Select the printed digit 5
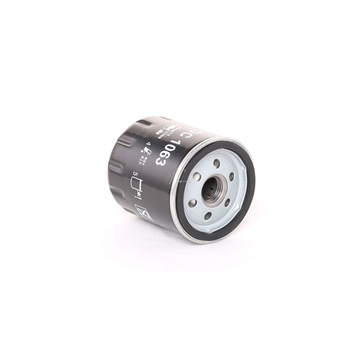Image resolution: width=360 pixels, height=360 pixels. (x=134, y=174)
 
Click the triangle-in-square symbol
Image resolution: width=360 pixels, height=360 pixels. (x=144, y=211)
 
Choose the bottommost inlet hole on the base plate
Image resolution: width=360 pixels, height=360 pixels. (x=208, y=216)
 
